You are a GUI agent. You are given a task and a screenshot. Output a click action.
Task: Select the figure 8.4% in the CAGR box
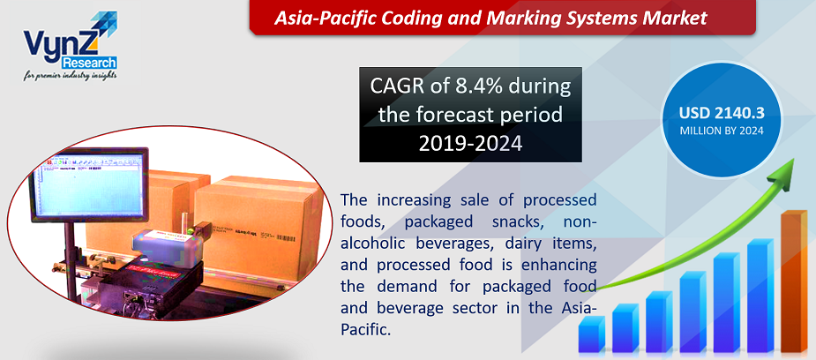click(478, 87)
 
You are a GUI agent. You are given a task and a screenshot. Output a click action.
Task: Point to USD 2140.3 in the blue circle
click(721, 113)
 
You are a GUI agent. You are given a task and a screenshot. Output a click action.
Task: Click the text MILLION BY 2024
click(721, 131)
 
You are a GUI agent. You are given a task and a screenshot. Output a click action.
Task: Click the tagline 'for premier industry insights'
click(72, 77)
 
